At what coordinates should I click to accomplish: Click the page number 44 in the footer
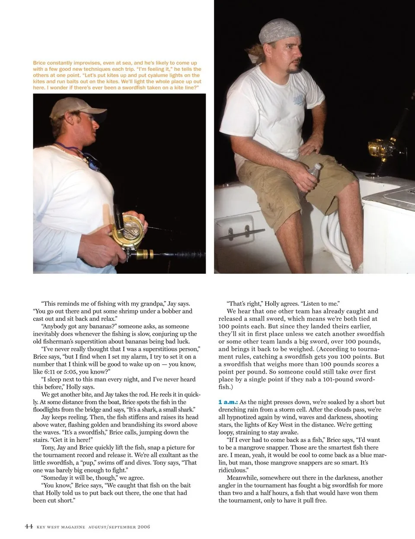coord(29,526)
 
